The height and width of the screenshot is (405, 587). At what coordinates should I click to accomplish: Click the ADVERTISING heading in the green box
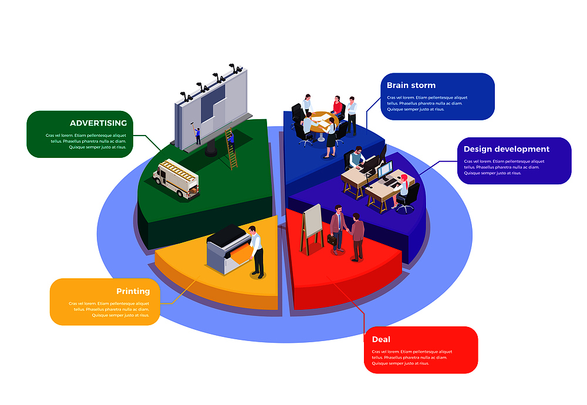98,123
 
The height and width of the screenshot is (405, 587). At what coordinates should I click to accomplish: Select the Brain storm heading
411,85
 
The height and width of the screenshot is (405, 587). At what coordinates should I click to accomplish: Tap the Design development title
506,149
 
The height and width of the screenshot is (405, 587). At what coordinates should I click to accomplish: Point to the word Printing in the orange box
133,291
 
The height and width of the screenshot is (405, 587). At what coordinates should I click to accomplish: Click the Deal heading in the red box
381,339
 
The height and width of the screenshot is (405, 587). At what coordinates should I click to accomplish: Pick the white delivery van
176,178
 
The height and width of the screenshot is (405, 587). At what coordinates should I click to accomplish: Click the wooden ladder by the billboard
231,149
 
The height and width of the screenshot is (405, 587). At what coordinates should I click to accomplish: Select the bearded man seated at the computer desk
356,158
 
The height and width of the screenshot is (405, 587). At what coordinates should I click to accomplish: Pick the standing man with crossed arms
352,114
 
